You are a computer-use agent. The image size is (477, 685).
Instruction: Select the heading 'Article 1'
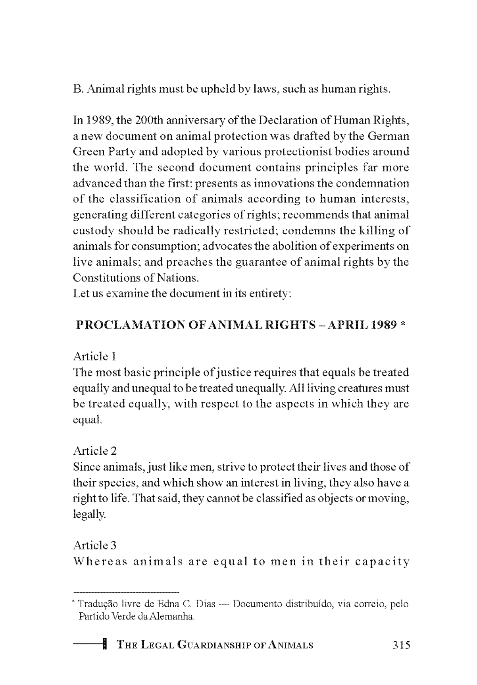point(94,356)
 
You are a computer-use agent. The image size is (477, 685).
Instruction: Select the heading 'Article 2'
point(95,451)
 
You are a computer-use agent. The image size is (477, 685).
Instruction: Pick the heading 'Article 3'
point(95,545)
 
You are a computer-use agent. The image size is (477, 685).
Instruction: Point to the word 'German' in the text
point(389,136)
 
